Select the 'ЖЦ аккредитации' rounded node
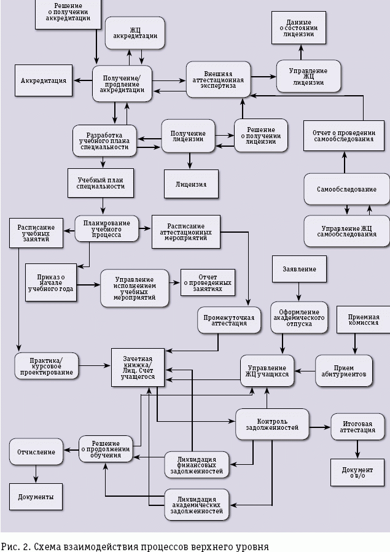click(x=135, y=32)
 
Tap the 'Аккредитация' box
click(x=43, y=80)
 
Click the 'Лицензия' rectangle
click(x=191, y=184)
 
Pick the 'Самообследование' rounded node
click(x=346, y=189)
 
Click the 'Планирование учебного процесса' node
click(x=106, y=228)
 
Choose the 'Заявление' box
click(x=299, y=269)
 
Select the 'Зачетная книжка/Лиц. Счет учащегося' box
click(x=138, y=367)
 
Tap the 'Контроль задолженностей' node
click(x=272, y=424)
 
